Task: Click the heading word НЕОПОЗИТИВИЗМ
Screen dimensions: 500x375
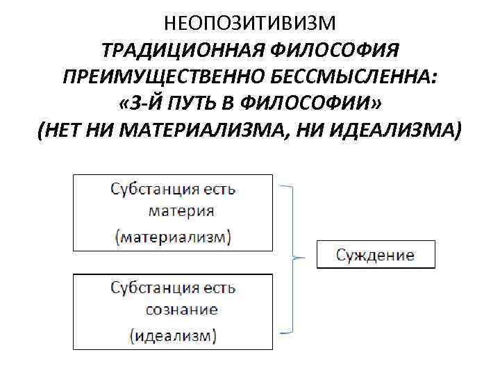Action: pos(250,24)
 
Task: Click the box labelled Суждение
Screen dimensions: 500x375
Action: pos(376,255)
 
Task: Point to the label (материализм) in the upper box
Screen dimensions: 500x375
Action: pos(174,236)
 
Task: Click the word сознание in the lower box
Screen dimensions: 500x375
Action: pos(182,310)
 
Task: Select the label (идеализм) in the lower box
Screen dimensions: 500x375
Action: pos(174,336)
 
